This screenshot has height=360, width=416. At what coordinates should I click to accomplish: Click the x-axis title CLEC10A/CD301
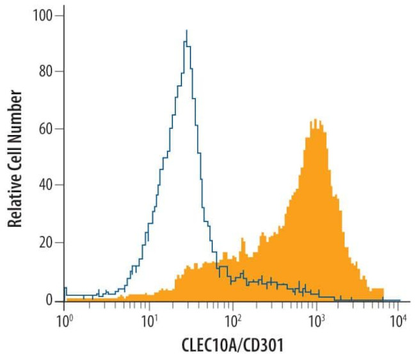[x=232, y=345]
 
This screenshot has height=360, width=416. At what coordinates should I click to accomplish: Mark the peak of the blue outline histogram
[x=186, y=30]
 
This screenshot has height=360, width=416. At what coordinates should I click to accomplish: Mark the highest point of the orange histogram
[x=316, y=119]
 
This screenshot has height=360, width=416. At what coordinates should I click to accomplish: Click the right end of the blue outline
[x=399, y=300]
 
